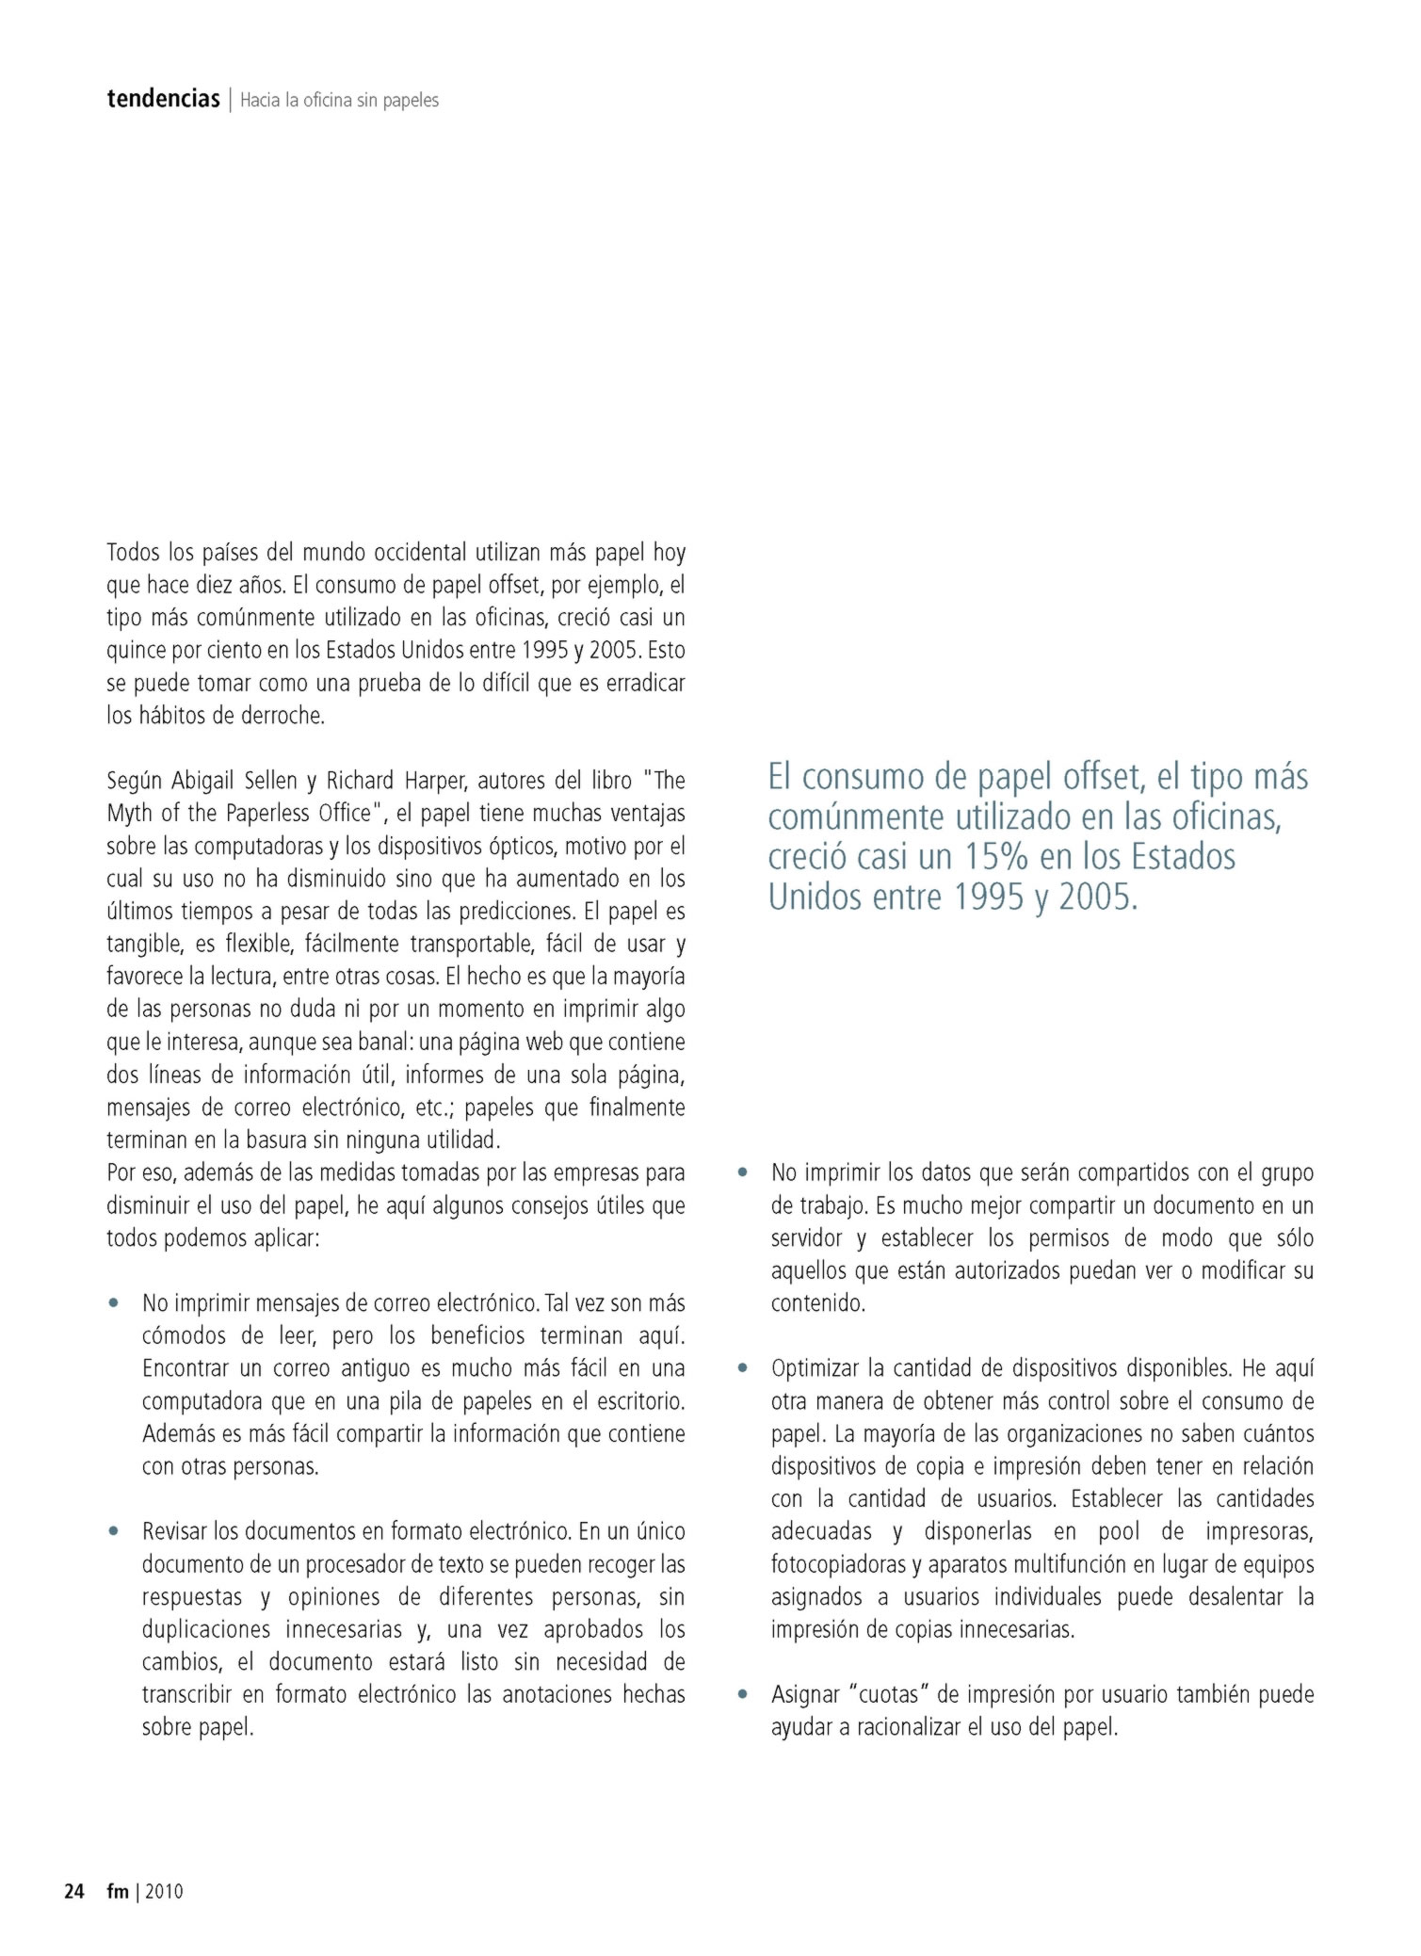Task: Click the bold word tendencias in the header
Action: tap(163, 99)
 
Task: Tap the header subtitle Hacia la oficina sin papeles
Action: tap(339, 100)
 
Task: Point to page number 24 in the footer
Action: tap(73, 1891)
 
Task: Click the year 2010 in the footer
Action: tap(164, 1891)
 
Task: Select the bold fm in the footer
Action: tap(118, 1891)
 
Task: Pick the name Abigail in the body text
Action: tap(203, 781)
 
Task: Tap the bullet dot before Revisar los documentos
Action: tap(114, 1531)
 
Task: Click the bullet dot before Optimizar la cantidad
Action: tap(743, 1367)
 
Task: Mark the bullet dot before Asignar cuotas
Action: tap(743, 1694)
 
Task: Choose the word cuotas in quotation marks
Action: tap(888, 1694)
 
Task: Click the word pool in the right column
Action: tap(1119, 1531)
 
